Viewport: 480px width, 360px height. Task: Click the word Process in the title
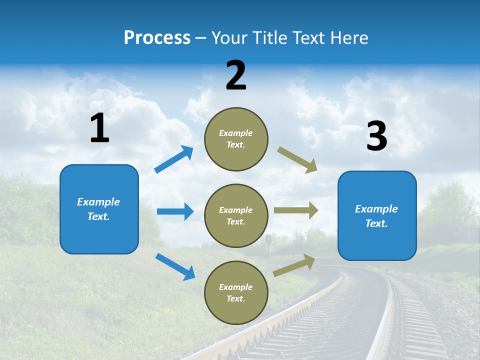(157, 38)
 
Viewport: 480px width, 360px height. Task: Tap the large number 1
(99, 128)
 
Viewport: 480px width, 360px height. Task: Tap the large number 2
(236, 75)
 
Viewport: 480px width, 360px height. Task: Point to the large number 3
(376, 136)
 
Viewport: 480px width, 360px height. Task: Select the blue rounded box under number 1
(99, 209)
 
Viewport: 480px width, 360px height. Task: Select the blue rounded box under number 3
(377, 215)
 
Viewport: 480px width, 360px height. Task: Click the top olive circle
(236, 139)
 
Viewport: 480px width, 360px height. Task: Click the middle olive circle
(236, 215)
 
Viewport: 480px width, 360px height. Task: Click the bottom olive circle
(236, 292)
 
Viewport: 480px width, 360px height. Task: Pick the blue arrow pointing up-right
(174, 159)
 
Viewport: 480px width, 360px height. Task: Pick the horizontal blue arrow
(175, 211)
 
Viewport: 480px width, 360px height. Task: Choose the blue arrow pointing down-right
(175, 266)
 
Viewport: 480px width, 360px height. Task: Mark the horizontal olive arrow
(296, 210)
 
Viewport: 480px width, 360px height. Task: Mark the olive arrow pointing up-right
(294, 265)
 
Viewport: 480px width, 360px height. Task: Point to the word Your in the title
(229, 38)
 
